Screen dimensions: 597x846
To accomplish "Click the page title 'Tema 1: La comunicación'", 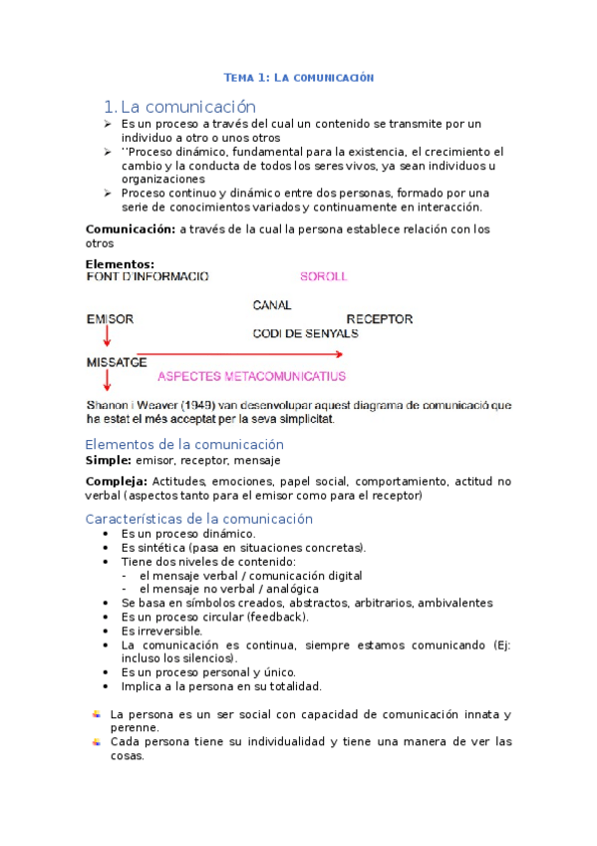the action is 298,77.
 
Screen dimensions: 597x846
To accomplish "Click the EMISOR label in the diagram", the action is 110,319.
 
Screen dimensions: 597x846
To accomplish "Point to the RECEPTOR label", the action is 379,319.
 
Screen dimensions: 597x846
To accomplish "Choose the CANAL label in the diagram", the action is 272,304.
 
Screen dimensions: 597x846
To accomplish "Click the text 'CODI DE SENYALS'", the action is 305,333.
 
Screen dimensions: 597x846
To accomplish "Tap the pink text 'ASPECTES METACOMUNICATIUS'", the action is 252,377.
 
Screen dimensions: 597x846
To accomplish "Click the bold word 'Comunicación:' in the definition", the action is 131,229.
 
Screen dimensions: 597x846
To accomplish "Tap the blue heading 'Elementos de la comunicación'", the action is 184,444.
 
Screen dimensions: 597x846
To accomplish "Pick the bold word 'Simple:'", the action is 108,460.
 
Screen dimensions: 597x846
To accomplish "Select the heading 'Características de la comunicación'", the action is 199,519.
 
